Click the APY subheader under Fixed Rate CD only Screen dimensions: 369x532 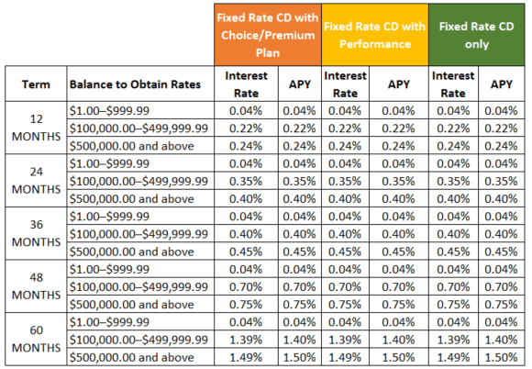click(x=501, y=84)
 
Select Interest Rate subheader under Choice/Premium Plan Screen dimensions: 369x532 click(x=246, y=84)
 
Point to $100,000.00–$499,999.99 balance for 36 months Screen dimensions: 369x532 click(x=138, y=234)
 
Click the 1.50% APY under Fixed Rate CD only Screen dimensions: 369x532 click(x=501, y=358)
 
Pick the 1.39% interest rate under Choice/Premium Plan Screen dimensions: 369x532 click(x=246, y=341)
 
